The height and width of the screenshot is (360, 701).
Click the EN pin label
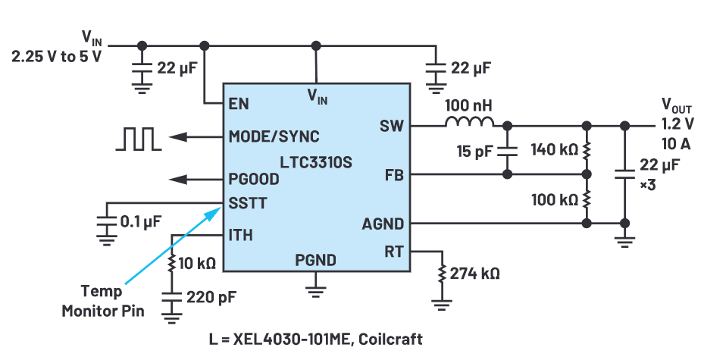(239, 103)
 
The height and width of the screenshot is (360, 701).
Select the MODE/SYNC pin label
(274, 136)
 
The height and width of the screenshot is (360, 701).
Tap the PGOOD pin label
(253, 180)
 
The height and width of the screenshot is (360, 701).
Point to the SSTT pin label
(246, 203)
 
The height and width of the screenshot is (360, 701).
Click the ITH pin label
(240, 235)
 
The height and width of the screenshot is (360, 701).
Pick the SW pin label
(392, 126)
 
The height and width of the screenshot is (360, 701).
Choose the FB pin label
(394, 175)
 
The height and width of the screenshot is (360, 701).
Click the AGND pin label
(383, 224)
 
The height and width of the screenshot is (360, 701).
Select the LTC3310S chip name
(316, 162)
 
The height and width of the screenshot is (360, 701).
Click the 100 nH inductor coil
(469, 124)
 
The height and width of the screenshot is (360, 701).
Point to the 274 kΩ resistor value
(474, 273)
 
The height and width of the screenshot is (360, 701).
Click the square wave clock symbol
(137, 138)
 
